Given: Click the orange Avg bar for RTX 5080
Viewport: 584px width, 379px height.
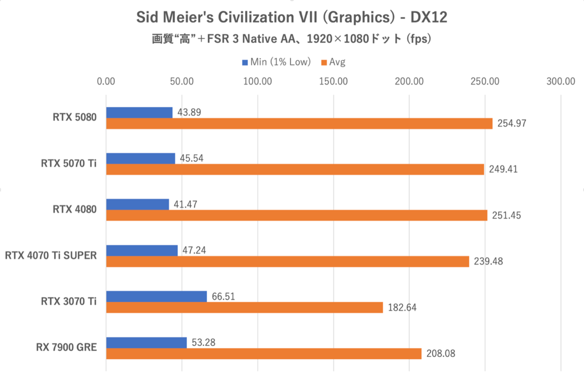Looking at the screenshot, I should pos(299,123).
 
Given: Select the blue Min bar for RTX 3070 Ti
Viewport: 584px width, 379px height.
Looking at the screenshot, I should pos(156,296).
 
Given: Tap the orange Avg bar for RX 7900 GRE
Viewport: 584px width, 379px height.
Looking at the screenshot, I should pos(263,354).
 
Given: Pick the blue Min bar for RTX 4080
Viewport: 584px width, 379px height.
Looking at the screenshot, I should pos(137,204).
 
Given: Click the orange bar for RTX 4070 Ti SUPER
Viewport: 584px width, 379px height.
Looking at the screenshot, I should pos(287,261).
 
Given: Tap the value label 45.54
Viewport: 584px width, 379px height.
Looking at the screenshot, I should pos(191,158).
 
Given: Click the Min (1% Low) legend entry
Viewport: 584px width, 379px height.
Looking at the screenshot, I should pos(276,62).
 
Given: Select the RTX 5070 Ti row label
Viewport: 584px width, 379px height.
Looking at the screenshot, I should pos(69,164).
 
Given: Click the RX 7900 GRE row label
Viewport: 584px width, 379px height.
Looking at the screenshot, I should pos(66,347).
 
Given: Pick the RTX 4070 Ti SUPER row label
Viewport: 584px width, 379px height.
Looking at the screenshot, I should pos(51,256).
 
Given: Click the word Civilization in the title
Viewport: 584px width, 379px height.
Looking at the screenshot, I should pos(255,18).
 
